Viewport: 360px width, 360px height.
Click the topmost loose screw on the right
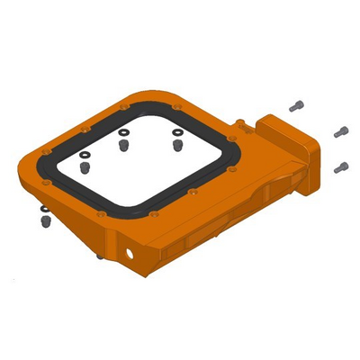point(296,106)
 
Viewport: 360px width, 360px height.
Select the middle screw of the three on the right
point(340,132)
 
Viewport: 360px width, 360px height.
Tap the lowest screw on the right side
point(340,167)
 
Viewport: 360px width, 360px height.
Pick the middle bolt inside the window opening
point(124,146)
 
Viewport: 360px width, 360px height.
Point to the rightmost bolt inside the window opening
point(178,144)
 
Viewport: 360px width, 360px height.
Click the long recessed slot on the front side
point(216,225)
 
